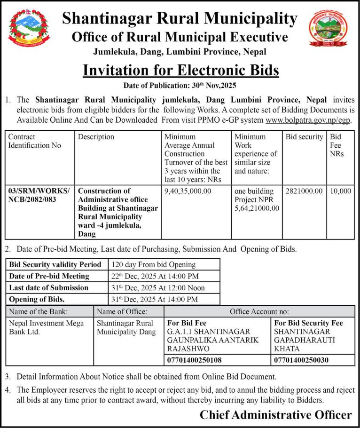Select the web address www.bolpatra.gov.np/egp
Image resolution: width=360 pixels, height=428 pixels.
pos(308,119)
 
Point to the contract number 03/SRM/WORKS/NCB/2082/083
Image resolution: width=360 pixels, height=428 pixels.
pos(39,195)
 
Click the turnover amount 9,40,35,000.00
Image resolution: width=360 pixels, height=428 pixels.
pos(188,191)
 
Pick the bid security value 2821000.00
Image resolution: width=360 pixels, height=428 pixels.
pos(304,191)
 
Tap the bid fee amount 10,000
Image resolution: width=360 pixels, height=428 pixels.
pos(341,191)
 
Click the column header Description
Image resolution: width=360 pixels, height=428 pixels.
pos(96,137)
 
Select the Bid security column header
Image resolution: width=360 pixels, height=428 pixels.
pos(304,137)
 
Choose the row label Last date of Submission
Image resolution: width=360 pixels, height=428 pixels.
pos(48,287)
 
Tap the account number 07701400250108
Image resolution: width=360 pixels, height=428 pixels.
pos(194,360)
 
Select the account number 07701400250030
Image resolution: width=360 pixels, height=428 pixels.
pos(301,360)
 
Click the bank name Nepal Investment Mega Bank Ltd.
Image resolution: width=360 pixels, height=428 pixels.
pos(47,327)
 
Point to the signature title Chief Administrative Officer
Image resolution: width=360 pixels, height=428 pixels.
pos(275,415)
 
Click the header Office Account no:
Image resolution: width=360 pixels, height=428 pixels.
pos(259,311)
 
